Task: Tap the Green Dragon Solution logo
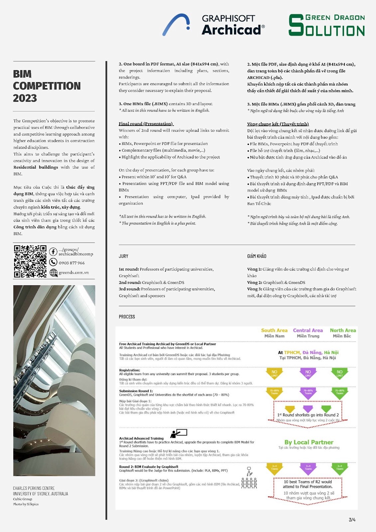[x=326, y=25]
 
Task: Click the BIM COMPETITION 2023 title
[x=47, y=86]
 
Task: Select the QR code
[x=30, y=261]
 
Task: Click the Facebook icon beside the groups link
[x=53, y=252]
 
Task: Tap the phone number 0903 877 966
[x=71, y=263]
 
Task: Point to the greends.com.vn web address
[x=73, y=273]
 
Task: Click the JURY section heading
[x=123, y=256]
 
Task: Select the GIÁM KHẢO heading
[x=257, y=256]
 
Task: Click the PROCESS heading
[x=127, y=317]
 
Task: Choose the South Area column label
[x=274, y=330]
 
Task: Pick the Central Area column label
[x=308, y=330]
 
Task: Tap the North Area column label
[x=343, y=330]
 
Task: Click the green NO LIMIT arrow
[x=339, y=373]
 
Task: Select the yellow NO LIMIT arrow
[x=274, y=373]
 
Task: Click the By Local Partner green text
[x=309, y=442]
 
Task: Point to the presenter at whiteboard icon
[x=179, y=433]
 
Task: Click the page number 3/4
[x=352, y=520]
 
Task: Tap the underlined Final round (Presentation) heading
[x=146, y=124]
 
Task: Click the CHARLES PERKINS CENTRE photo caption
[x=34, y=488]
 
